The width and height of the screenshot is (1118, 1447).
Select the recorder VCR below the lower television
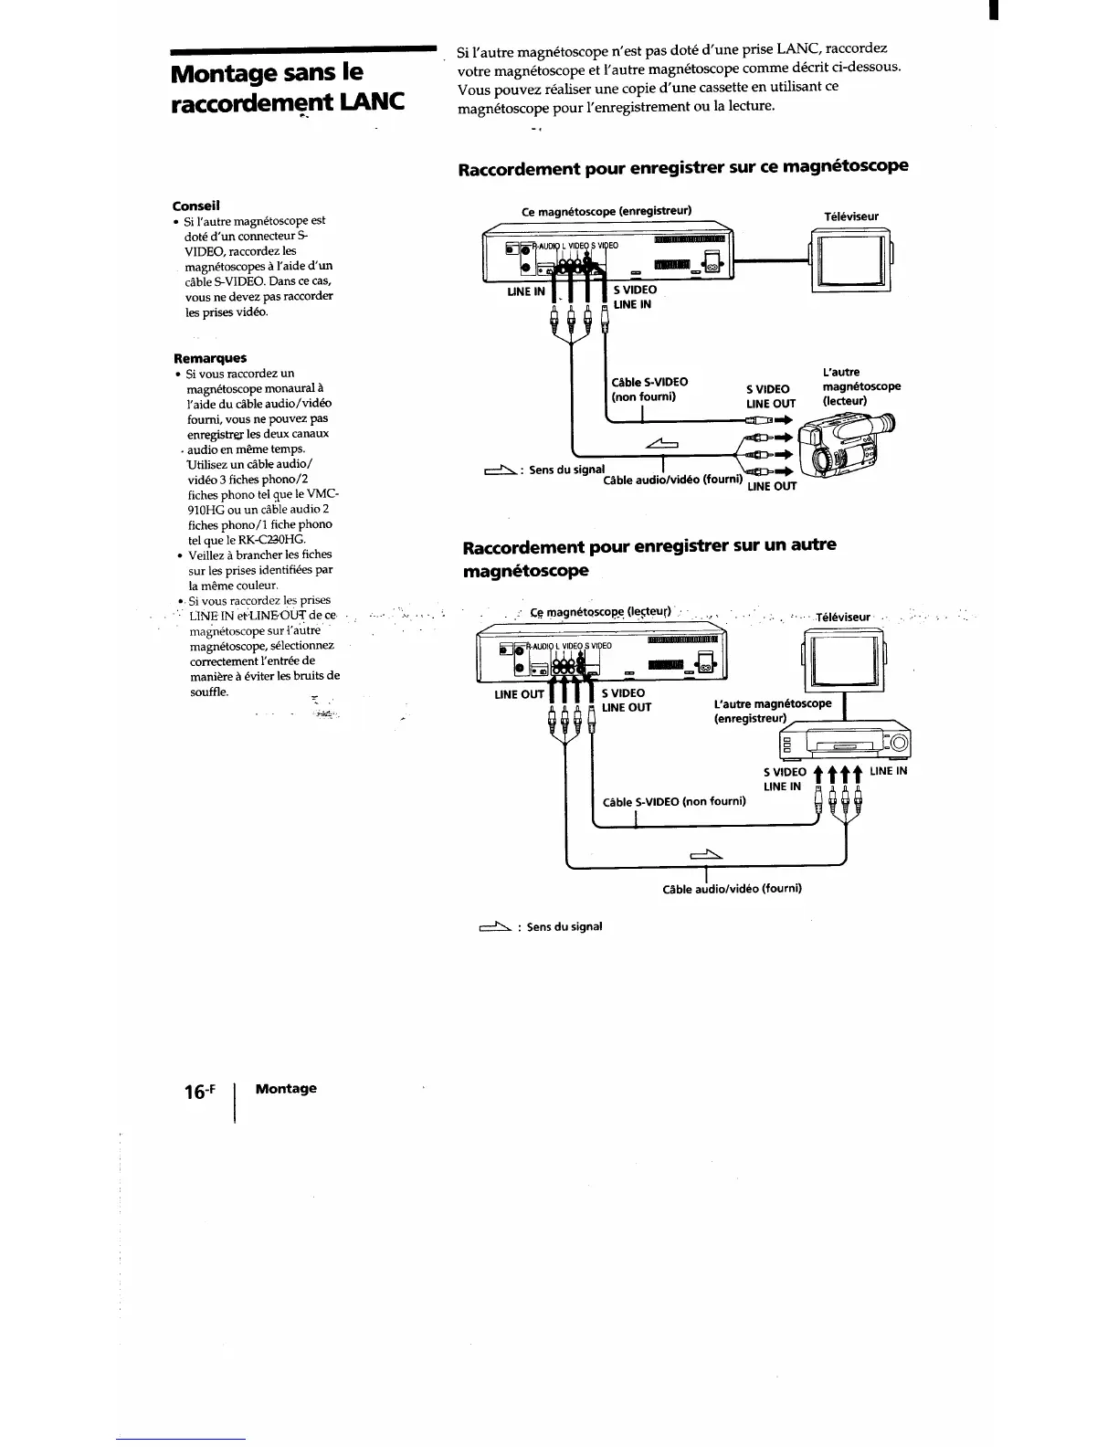point(845,738)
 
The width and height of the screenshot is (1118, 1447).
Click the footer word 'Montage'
point(286,1088)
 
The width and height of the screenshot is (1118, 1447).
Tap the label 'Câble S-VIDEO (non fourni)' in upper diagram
point(649,389)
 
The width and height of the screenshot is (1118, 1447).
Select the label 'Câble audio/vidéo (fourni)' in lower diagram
point(732,888)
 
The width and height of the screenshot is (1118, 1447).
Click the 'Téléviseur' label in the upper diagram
point(850,217)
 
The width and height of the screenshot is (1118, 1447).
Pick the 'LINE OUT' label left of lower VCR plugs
point(519,694)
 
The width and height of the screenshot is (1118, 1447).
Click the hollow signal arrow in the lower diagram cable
point(707,855)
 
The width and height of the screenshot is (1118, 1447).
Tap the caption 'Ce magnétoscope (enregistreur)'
point(606,211)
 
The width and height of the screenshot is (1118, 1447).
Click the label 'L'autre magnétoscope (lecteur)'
point(860,386)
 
